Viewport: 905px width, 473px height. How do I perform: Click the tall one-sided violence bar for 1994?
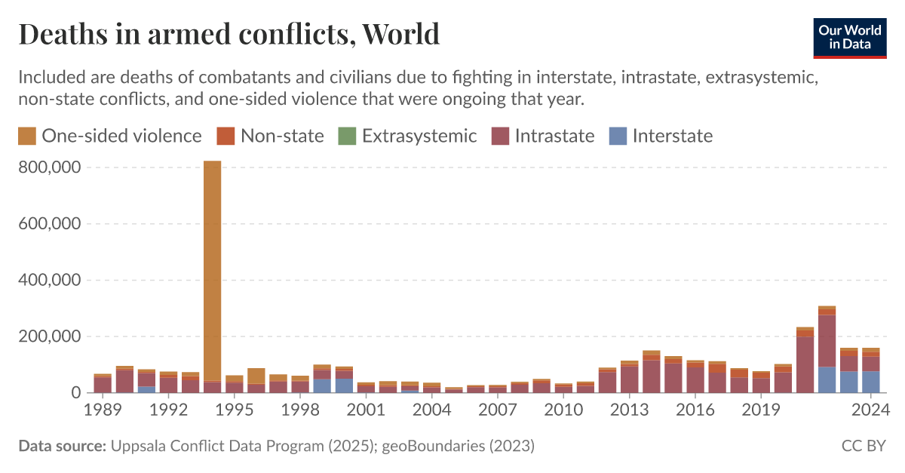tap(212, 272)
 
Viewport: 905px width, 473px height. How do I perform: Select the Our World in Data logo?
tap(850, 35)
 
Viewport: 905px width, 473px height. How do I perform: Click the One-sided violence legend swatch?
tap(27, 136)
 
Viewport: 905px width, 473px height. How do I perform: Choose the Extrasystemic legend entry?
tap(408, 136)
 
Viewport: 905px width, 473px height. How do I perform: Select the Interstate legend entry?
tap(661, 136)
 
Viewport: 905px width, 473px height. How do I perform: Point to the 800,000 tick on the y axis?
tap(49, 167)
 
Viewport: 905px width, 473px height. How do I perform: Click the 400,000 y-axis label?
tap(49, 280)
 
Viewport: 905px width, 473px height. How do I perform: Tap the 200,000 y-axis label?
tap(49, 336)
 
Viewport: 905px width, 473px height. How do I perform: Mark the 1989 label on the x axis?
tap(103, 411)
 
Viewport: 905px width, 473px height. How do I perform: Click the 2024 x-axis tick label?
tap(871, 411)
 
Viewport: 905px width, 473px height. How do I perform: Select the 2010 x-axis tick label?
tap(563, 411)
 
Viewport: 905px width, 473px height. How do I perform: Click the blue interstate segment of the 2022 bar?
tap(827, 379)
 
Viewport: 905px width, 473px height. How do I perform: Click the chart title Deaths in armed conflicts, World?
tap(229, 34)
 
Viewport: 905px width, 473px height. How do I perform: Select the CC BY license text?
tap(864, 446)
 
